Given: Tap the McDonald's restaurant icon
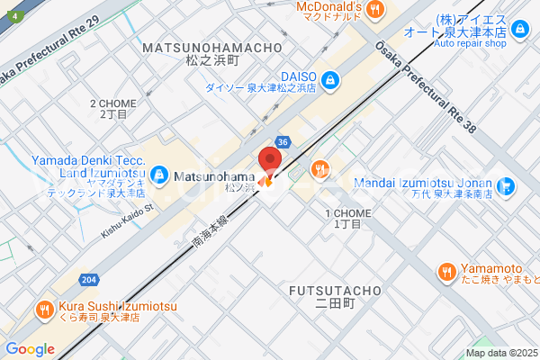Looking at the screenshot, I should [x=379, y=9].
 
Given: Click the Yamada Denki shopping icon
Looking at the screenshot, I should [x=158, y=172].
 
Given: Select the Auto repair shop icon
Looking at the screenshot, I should [x=519, y=30].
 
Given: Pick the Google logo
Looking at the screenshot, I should [x=30, y=348].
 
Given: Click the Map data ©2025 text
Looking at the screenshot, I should [x=500, y=353].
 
